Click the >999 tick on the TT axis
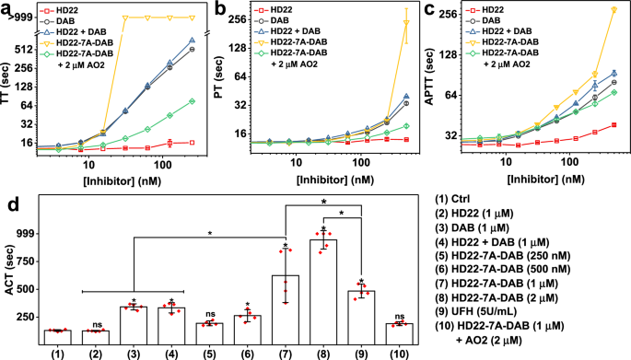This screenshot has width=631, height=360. click(18, 17)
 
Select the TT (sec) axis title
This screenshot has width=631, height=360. click(7, 92)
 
